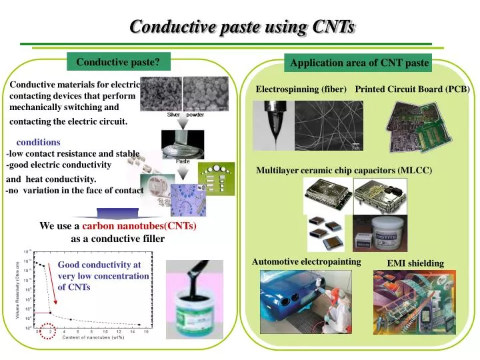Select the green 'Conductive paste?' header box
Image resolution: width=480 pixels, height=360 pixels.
(117, 62)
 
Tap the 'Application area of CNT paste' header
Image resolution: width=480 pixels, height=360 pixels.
(358, 63)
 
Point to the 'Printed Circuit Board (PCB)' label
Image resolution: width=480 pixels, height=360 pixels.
(413, 89)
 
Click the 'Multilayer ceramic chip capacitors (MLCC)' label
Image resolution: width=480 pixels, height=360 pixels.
(344, 171)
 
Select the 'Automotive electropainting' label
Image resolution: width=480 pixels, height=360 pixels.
(306, 262)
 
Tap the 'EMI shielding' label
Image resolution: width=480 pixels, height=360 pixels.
(415, 263)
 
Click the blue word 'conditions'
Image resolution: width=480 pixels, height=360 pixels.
(38, 142)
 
